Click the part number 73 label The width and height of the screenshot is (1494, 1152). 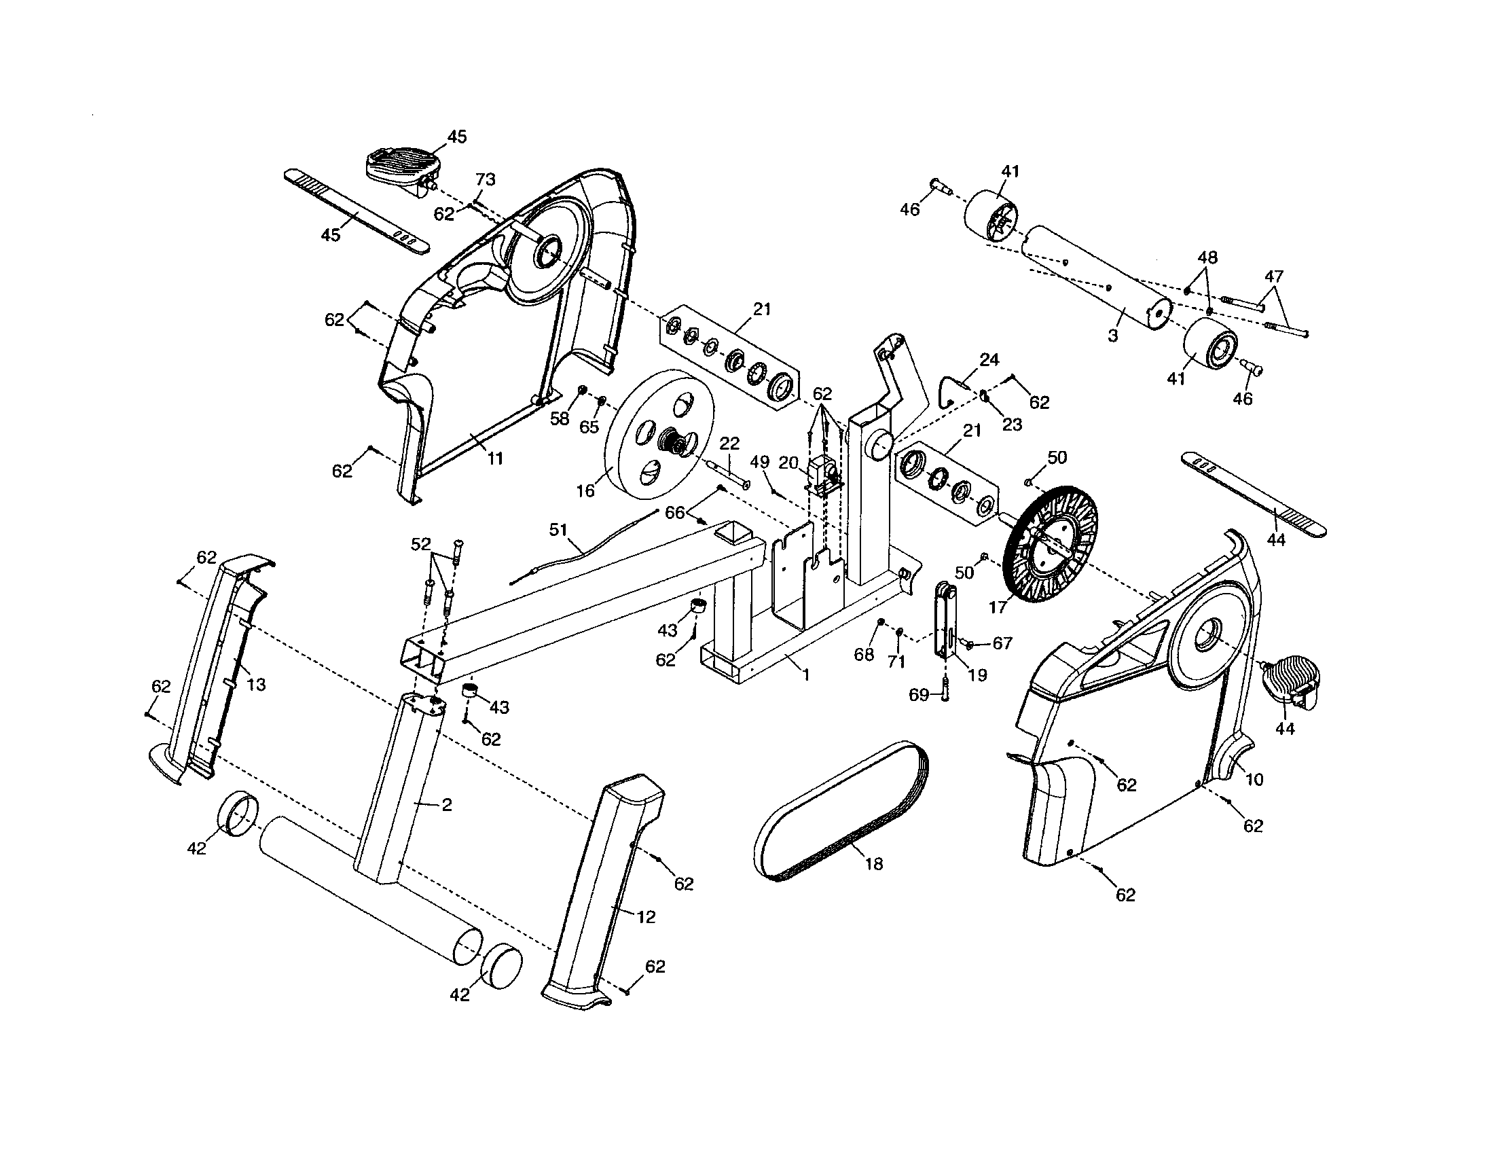tap(485, 179)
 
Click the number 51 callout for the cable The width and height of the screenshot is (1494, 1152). tap(558, 530)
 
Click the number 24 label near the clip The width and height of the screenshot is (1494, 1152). tap(989, 360)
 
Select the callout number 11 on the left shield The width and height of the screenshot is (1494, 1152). tap(494, 458)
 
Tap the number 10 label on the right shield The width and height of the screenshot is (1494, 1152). tap(1254, 779)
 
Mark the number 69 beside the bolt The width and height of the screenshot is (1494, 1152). tap(919, 695)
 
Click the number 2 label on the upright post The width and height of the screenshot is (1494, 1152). tap(446, 804)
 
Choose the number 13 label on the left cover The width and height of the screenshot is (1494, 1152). tap(256, 685)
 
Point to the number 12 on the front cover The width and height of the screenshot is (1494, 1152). tap(646, 918)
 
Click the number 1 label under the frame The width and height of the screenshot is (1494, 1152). tap(806, 675)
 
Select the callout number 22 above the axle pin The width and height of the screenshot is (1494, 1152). tap(729, 444)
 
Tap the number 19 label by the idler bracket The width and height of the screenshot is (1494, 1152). tap(978, 675)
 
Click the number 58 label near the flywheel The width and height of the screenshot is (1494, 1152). tap(560, 418)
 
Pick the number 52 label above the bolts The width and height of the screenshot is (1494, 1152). tap(421, 544)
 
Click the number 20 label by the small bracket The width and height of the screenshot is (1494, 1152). tap(788, 463)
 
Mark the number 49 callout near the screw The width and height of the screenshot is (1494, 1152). tap(759, 463)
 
